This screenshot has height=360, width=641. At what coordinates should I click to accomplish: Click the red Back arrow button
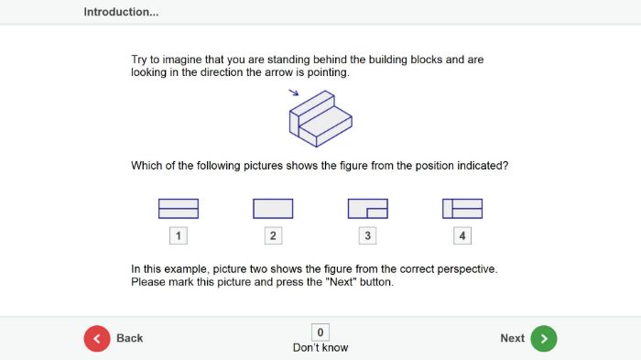coord(97,338)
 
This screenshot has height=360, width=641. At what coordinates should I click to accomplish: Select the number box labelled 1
coord(179,236)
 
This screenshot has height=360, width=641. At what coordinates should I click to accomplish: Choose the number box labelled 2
coord(273,236)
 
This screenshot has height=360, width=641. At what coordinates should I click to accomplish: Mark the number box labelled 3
coord(367,236)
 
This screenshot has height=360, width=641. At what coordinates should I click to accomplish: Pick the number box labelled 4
coord(462,236)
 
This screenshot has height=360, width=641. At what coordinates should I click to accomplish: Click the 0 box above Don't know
coord(320,333)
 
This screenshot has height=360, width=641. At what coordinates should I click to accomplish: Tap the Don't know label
coord(320,348)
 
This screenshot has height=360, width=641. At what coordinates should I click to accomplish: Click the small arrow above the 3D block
coord(293,92)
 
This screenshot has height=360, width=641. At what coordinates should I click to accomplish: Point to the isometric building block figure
coord(320,119)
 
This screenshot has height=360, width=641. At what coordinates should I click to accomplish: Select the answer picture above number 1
coord(179,209)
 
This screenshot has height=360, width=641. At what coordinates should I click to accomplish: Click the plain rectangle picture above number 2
coord(273,209)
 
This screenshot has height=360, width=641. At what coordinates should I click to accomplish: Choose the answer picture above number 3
coord(367,209)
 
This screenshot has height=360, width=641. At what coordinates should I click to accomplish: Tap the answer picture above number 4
coord(462,209)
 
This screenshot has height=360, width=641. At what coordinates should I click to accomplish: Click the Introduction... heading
coord(121,12)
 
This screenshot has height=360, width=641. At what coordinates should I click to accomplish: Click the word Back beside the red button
coord(130,338)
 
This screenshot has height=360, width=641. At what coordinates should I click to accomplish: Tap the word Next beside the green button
coord(512,338)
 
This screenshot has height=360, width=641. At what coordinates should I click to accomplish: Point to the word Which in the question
coord(147,166)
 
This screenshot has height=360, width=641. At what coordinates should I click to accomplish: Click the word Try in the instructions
coord(140,60)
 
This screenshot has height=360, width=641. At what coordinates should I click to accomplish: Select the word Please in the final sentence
coord(149,282)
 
